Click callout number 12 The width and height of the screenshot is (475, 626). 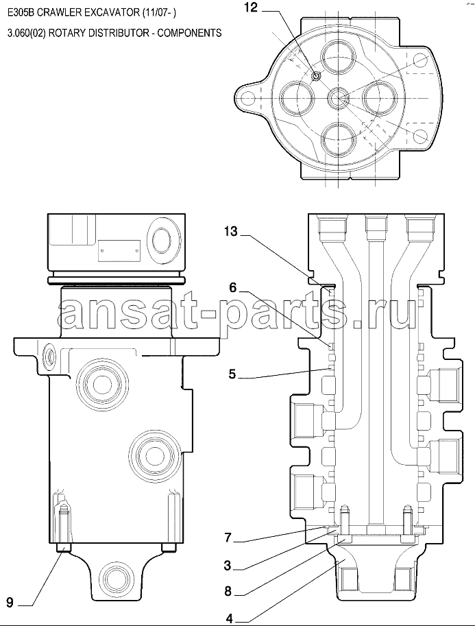click(x=252, y=8)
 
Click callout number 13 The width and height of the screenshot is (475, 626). click(x=230, y=231)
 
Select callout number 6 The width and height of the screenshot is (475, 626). click(x=233, y=287)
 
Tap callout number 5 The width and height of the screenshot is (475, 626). click(x=232, y=374)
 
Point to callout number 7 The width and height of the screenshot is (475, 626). click(x=228, y=538)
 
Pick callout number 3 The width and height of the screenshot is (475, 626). click(x=228, y=565)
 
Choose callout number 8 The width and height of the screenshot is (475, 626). click(x=228, y=591)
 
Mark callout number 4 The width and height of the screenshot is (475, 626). click(x=229, y=619)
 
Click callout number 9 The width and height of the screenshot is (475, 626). click(x=10, y=603)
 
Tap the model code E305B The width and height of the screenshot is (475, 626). click(x=20, y=13)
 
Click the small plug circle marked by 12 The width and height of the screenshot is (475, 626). click(x=317, y=75)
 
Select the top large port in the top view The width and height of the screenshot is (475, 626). click(x=337, y=56)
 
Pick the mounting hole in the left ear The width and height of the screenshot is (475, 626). click(x=248, y=97)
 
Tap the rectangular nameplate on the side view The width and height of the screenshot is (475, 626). click(x=119, y=251)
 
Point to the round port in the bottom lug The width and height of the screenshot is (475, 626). click(x=115, y=577)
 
